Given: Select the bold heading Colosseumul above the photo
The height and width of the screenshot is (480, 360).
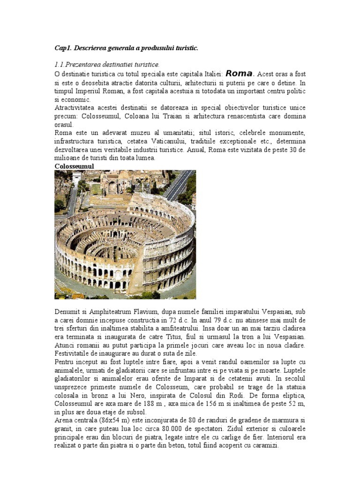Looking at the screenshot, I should click(x=74, y=166).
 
